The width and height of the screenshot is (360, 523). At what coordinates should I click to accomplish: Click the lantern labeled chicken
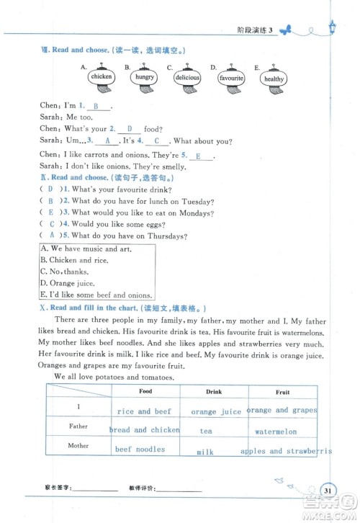tap(102, 76)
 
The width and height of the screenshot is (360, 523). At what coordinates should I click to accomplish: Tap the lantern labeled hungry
tap(144, 76)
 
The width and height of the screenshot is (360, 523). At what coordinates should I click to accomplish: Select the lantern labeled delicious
tap(187, 77)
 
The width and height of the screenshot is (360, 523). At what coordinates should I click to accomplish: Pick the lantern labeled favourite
tap(231, 77)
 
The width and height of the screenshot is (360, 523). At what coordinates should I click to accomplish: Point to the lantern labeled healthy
tap(274, 79)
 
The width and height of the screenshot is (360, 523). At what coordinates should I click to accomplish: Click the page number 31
tap(328, 491)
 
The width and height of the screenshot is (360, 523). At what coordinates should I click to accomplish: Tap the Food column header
tap(145, 391)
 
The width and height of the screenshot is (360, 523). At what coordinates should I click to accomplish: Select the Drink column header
tap(214, 392)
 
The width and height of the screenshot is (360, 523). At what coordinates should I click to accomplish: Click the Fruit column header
tap(282, 392)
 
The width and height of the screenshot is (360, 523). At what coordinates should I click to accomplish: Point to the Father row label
tap(78, 426)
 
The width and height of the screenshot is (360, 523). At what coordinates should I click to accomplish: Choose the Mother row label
tap(78, 446)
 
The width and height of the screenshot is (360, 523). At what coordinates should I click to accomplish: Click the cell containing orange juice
tap(216, 412)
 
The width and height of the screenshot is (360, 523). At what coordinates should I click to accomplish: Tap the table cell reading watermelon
tap(276, 432)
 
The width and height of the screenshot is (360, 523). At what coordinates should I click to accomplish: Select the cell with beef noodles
tap(140, 449)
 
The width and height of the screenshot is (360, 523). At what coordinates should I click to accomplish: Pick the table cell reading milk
tap(206, 452)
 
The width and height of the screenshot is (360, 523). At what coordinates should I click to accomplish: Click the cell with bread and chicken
tap(145, 430)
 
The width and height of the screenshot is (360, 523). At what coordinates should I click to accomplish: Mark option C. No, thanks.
tap(66, 272)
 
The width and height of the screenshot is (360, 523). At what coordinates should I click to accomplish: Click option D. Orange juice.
tap(68, 283)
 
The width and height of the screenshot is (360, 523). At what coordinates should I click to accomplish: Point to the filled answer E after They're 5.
tap(199, 156)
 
